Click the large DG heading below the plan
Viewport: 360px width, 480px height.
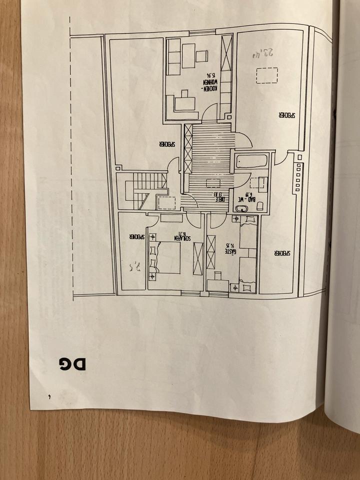pyautogui.click(x=72, y=363)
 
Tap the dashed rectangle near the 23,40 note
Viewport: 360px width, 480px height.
pyautogui.click(x=266, y=75)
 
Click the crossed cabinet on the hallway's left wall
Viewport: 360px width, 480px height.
pyautogui.click(x=188, y=148)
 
